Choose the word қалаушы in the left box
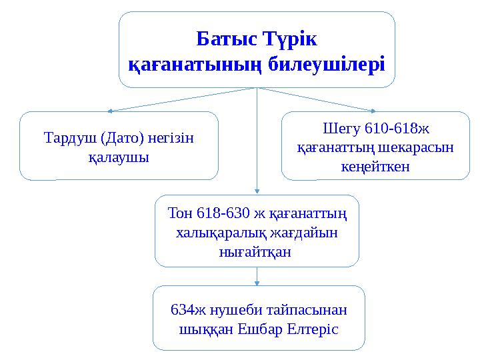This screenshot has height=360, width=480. coord(119,158)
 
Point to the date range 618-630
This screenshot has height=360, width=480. coord(225,214)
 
